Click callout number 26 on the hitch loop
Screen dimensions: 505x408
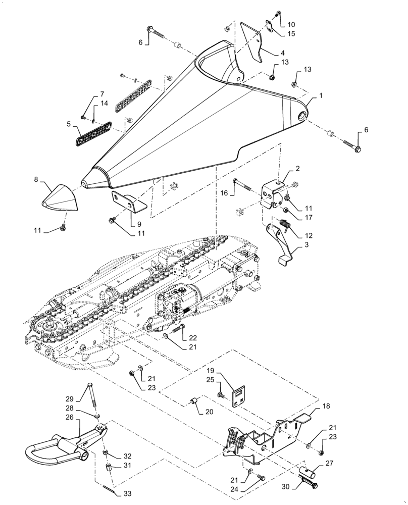point(70,418)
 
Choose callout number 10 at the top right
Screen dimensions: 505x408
point(292,24)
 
